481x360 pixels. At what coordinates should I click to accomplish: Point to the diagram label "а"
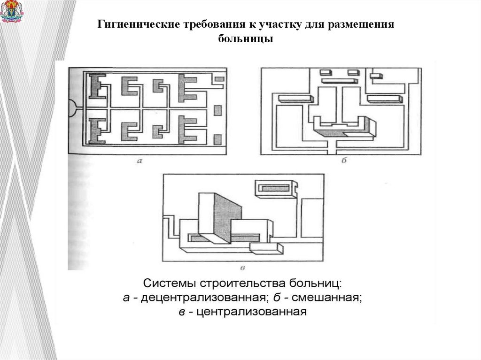point(139,161)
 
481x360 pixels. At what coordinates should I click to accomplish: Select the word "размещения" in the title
point(365,24)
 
